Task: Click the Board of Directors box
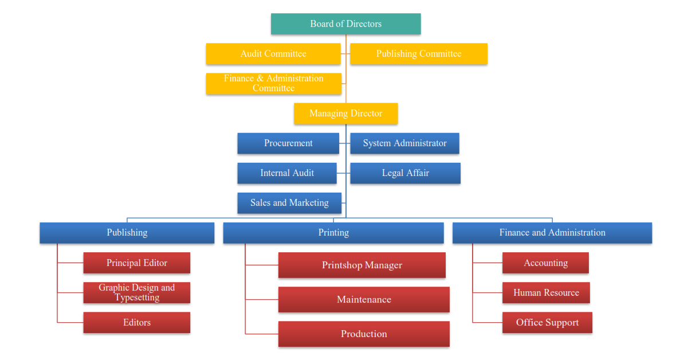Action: tap(345, 24)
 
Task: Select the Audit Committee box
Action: tap(273, 54)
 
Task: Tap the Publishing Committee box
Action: tap(418, 54)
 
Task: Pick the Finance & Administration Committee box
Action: tap(273, 84)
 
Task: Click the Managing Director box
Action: tap(345, 114)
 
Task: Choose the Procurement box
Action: tap(288, 143)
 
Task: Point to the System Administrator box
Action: tap(404, 143)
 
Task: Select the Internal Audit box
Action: tap(287, 173)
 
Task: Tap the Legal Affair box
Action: tap(405, 173)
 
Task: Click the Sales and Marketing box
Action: tap(289, 203)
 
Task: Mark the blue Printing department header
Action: tap(333, 233)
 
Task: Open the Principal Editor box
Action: tap(137, 263)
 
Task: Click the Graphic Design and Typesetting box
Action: tap(137, 292)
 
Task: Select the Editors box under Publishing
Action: tap(137, 323)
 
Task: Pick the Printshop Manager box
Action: tap(362, 265)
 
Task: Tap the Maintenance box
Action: tap(364, 300)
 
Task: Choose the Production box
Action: tap(364, 334)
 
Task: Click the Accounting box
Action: tap(545, 263)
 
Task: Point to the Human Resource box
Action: tap(546, 293)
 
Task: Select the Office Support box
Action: tap(547, 323)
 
